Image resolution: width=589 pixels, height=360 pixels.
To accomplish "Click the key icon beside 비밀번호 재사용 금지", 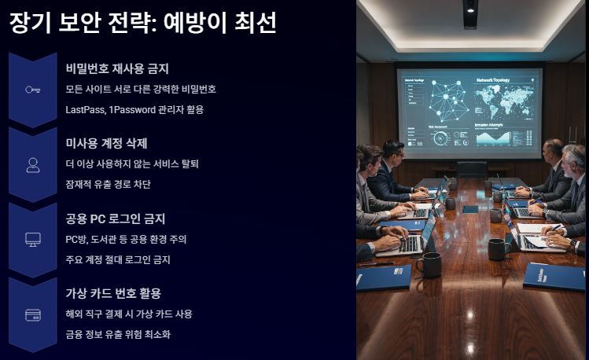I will coord(32,90).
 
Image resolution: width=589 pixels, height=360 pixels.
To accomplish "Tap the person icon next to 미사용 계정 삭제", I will coord(32,165).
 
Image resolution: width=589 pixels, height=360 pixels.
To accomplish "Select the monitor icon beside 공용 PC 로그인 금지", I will coord(32,240).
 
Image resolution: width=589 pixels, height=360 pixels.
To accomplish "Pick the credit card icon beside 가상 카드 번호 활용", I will coord(32,314).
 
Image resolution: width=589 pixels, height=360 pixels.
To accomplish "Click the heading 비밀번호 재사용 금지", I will coord(117,69).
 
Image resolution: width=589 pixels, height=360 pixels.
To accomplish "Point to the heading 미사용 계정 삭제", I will coord(107,144).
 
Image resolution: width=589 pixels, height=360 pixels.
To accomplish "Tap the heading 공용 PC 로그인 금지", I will coord(116,219).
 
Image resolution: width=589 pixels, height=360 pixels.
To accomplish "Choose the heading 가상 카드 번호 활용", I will coord(113,293).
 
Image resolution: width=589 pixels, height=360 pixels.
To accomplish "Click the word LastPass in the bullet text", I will coord(85,110).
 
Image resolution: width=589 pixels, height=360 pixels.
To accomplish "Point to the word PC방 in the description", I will coord(78,239).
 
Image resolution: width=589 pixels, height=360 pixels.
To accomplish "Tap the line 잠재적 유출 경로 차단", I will coord(108,185).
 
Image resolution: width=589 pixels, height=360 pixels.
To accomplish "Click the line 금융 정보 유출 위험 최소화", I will coord(118,334).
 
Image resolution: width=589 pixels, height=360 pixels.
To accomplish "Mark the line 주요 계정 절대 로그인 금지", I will coord(118,259).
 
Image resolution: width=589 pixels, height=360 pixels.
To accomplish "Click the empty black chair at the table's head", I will coord(472,169).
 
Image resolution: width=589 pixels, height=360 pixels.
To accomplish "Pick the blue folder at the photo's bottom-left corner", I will coord(383,277).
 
